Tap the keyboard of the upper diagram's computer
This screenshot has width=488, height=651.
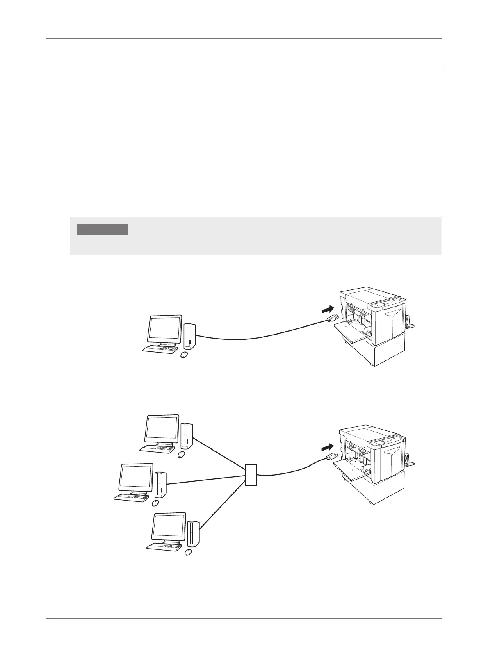pos(160,349)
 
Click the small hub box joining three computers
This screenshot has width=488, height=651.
pos(251,475)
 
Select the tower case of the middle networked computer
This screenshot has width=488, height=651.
pos(160,485)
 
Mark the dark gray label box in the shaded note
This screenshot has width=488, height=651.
pos(103,229)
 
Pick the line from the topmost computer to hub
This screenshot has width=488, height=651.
pos(219,455)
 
